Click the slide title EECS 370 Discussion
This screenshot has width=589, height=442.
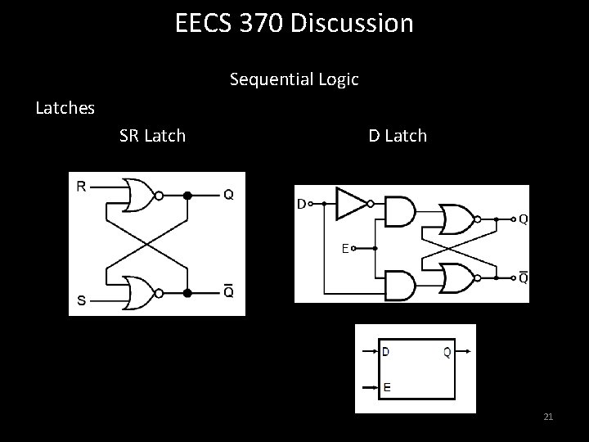click(294, 23)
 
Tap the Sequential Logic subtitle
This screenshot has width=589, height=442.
click(294, 79)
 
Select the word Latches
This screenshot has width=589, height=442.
click(65, 107)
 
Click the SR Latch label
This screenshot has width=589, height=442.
click(152, 135)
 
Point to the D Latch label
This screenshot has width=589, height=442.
click(398, 135)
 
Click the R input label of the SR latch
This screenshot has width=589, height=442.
click(82, 187)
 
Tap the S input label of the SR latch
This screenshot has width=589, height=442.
click(82, 300)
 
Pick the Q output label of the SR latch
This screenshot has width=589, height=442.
click(228, 195)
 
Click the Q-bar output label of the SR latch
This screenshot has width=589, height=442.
click(228, 291)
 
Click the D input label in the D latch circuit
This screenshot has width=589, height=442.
click(301, 203)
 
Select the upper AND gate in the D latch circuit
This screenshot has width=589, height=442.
click(398, 211)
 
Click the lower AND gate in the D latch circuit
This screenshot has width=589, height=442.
click(398, 285)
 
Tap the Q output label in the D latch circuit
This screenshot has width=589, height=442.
click(522, 219)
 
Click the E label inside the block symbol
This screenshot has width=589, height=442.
click(386, 387)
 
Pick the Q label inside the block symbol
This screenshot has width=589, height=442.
click(447, 353)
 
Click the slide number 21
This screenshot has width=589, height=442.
click(548, 418)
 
